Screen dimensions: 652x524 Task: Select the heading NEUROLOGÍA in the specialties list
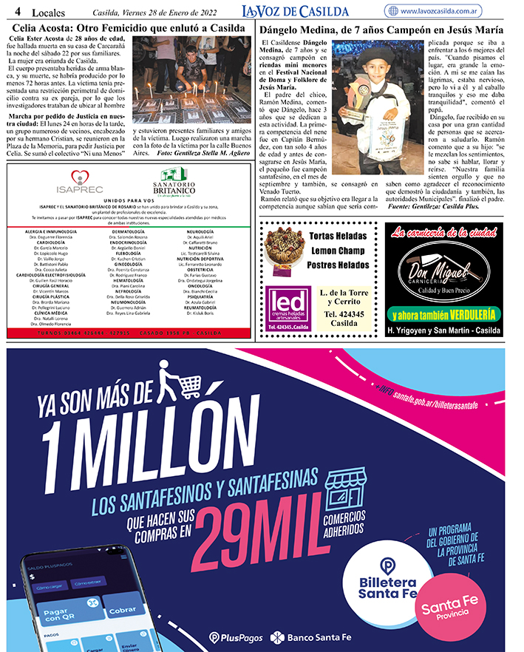(x=200, y=231)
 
